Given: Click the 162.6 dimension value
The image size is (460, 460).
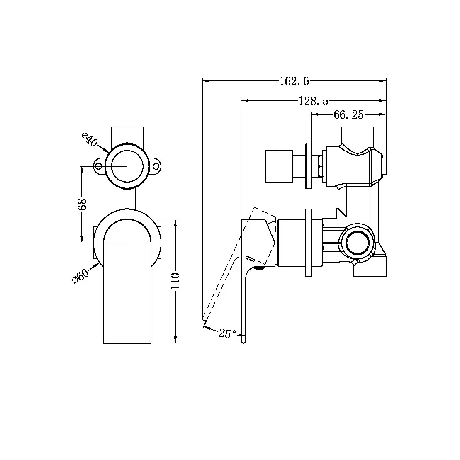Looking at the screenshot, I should [294, 81].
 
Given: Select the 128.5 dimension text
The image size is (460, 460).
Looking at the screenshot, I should [313, 100].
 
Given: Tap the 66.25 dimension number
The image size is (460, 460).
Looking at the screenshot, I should [348, 114].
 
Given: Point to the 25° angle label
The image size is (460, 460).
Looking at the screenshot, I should [228, 333].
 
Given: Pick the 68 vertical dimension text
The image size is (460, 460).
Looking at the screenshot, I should [82, 204].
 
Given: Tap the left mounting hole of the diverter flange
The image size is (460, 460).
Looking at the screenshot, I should [99, 167].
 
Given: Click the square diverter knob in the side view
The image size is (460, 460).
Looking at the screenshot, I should [279, 166].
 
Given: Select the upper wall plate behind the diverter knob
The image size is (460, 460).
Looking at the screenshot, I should [308, 166].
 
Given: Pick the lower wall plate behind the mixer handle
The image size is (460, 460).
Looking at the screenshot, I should [308, 243].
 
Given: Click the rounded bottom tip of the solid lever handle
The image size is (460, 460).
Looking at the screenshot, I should [244, 341].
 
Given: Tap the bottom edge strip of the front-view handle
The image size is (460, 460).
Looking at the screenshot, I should [127, 342].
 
